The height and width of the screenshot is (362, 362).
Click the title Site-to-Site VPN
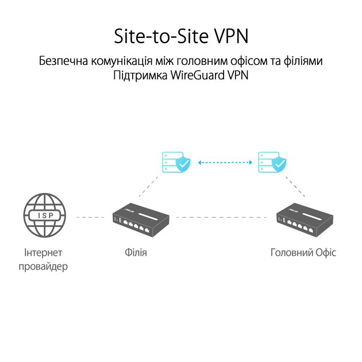(181, 36)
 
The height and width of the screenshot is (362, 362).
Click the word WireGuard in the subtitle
(198, 75)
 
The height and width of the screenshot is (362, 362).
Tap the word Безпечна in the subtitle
(63, 61)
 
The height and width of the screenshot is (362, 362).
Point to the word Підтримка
(140, 75)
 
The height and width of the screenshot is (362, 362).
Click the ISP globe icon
(45, 215)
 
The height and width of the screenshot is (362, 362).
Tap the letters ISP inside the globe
(45, 215)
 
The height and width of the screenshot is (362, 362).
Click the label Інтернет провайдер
(43, 260)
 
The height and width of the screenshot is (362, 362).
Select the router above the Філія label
(141, 219)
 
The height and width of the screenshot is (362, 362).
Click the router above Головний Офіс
(305, 219)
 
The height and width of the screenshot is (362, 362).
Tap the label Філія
(136, 253)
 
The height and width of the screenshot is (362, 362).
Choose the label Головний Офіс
(303, 253)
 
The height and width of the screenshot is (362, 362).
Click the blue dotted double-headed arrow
(225, 163)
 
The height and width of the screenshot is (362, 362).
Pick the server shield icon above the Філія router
(176, 162)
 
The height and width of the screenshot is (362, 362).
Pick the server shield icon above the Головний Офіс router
(272, 162)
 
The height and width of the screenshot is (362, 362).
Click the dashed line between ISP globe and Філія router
(90, 217)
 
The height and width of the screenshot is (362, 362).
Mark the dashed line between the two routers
(221, 217)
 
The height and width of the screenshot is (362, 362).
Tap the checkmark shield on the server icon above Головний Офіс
(279, 164)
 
